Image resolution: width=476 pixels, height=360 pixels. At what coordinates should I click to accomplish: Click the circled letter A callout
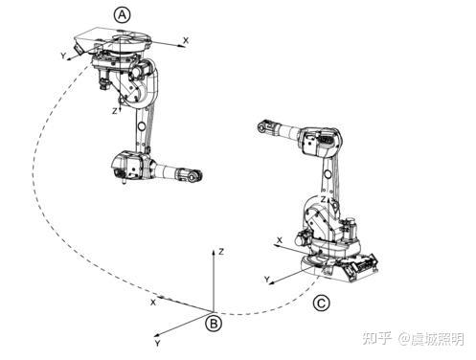click(x=123, y=15)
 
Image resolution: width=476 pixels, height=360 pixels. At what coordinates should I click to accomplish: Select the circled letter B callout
click(x=214, y=324)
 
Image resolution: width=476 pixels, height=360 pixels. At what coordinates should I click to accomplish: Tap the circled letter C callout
click(x=321, y=304)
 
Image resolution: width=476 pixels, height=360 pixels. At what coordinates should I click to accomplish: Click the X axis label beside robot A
click(x=186, y=40)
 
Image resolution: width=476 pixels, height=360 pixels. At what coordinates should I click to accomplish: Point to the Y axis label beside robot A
click(x=63, y=56)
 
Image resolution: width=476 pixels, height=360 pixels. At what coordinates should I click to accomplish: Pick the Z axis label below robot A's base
click(x=114, y=111)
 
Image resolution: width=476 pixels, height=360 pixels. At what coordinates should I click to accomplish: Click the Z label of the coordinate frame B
click(x=221, y=252)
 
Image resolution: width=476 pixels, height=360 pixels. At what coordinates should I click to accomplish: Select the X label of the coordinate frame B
click(x=153, y=302)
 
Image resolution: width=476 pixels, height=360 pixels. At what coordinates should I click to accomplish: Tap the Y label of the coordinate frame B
click(x=157, y=344)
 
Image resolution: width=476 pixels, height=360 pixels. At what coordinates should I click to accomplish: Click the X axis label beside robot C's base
click(x=280, y=240)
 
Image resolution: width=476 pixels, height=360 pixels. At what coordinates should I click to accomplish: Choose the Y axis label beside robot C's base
click(x=267, y=280)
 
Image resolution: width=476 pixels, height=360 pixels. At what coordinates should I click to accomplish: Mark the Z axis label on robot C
click(x=324, y=200)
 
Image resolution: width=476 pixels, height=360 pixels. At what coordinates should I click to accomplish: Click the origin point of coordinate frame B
click(x=214, y=311)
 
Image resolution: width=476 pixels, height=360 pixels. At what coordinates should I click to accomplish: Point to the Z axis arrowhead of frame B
click(x=214, y=253)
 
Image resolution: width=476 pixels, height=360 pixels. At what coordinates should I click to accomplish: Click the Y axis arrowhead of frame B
click(x=157, y=335)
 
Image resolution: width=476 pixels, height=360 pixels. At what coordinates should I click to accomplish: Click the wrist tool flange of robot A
click(x=193, y=176)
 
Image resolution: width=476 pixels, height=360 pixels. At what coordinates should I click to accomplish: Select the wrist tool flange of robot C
click(x=263, y=126)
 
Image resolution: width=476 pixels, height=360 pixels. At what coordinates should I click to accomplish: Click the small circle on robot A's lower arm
click(x=142, y=126)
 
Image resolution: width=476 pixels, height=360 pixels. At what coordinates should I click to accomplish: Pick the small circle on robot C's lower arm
click(x=328, y=174)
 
